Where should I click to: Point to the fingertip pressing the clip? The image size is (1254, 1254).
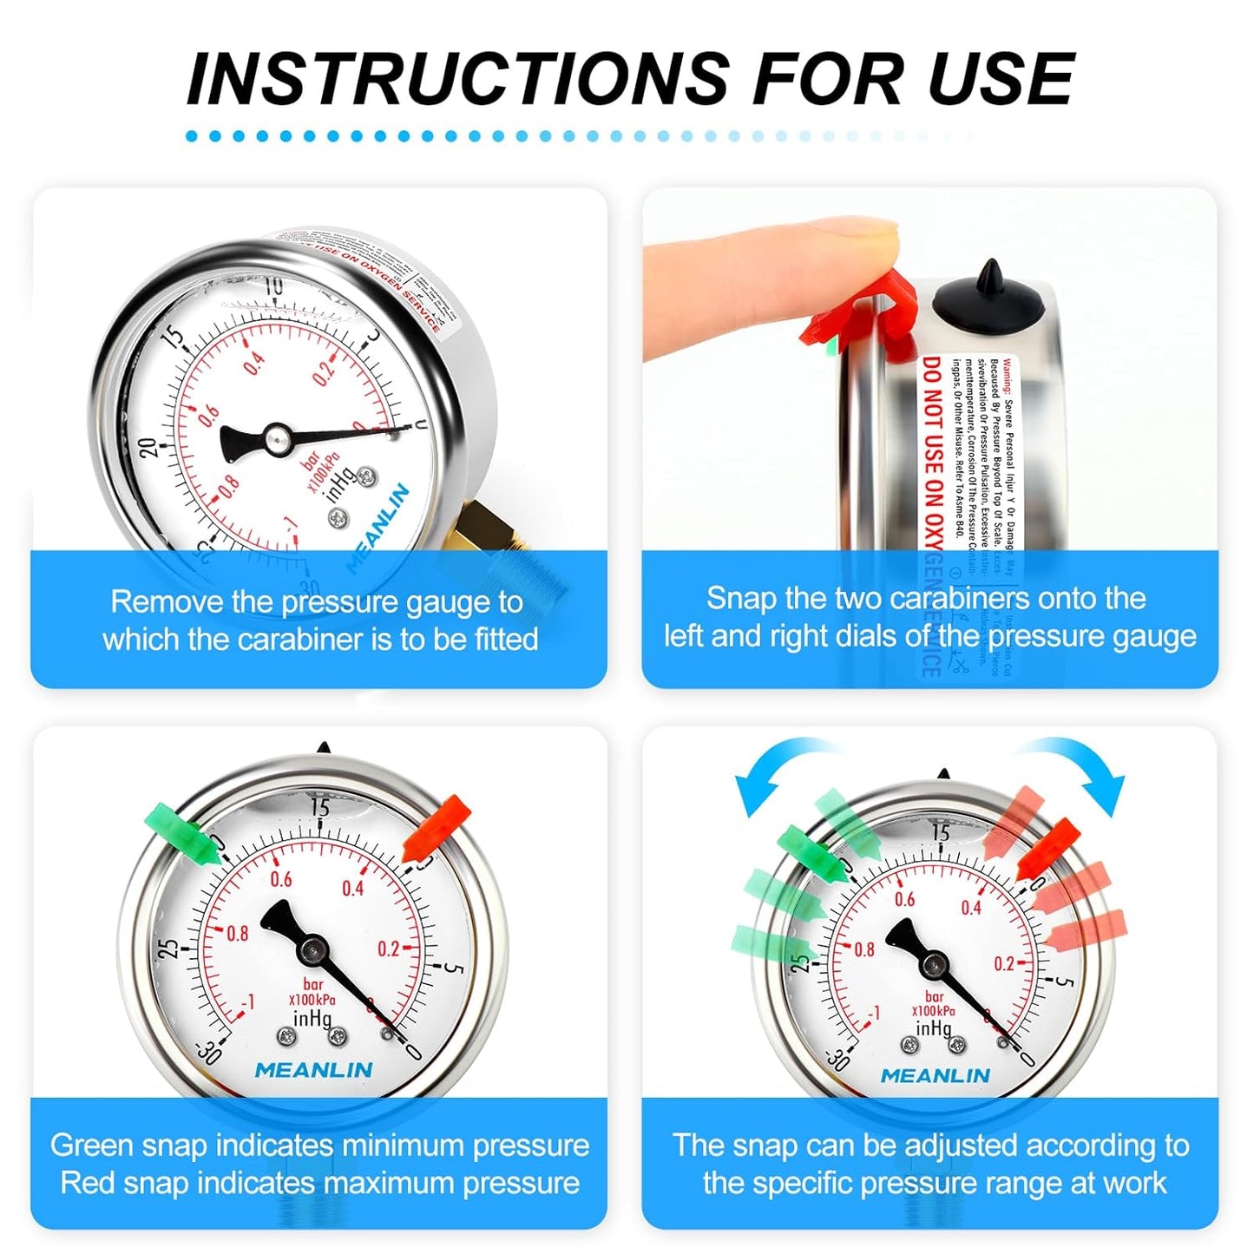tap(859, 239)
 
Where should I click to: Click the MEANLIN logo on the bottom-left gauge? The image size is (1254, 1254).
tap(313, 1070)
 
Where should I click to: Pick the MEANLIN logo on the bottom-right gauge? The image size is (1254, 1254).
tap(935, 1075)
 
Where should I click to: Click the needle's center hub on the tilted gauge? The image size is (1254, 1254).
tap(277, 438)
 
